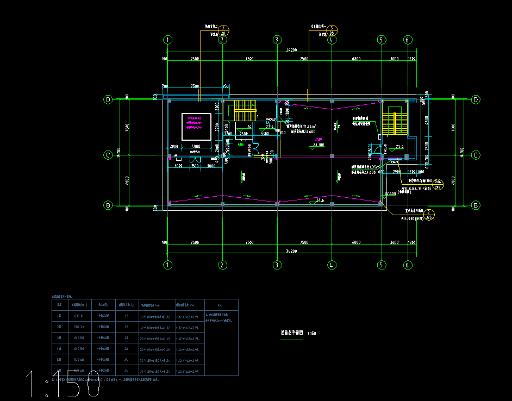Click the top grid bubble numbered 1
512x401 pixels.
(x=168, y=40)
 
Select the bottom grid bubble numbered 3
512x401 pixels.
(x=277, y=265)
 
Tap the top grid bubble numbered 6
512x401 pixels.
(x=407, y=40)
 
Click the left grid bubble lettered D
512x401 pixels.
(x=108, y=100)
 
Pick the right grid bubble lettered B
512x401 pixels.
(x=476, y=205)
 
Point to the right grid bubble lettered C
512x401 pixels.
(x=476, y=155)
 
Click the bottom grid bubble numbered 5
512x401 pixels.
(x=381, y=265)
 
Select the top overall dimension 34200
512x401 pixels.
(x=291, y=50)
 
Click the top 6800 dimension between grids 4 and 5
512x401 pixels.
(x=356, y=59)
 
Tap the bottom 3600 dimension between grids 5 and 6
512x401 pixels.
(x=394, y=242)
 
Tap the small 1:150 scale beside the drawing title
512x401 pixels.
(x=312, y=333)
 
